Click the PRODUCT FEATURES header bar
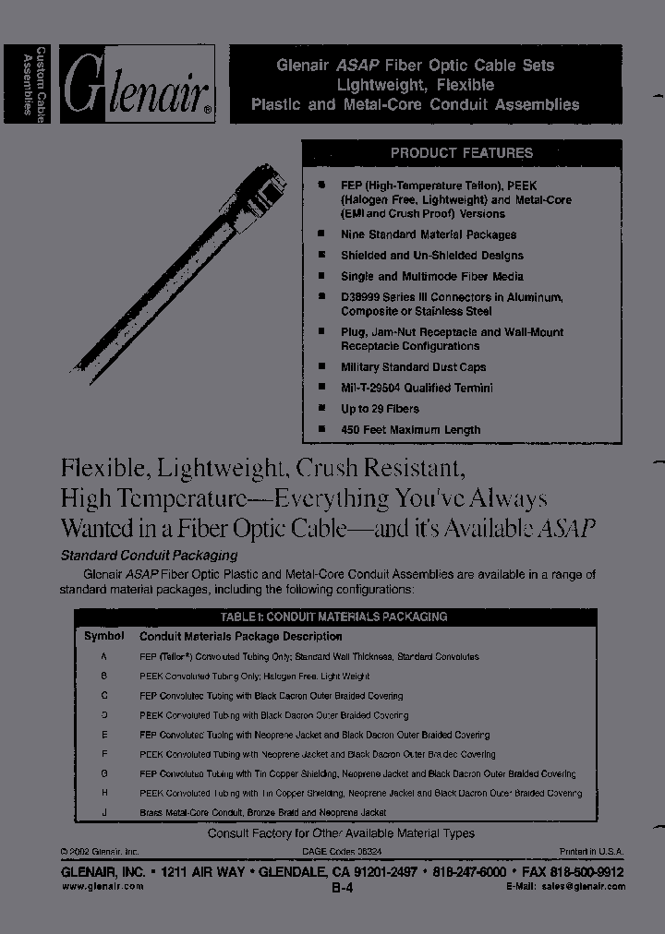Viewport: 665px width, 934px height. pos(461,153)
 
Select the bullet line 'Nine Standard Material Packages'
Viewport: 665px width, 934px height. pos(428,235)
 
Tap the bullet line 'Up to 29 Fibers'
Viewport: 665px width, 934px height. pos(380,409)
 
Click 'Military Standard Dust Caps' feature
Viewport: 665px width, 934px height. pos(412,367)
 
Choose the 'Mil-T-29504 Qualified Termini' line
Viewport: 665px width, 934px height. pos(417,388)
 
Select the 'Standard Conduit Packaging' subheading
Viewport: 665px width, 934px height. pos(149,556)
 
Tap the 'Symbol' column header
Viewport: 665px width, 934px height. pos(104,636)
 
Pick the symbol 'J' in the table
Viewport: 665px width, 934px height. pos(104,812)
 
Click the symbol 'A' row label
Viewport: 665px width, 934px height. pos(104,656)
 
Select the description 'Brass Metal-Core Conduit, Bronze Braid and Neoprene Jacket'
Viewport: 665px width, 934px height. pos(262,812)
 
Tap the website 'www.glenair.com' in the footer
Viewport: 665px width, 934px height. pos(103,886)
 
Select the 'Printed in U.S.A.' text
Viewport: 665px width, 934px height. pos(591,851)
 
